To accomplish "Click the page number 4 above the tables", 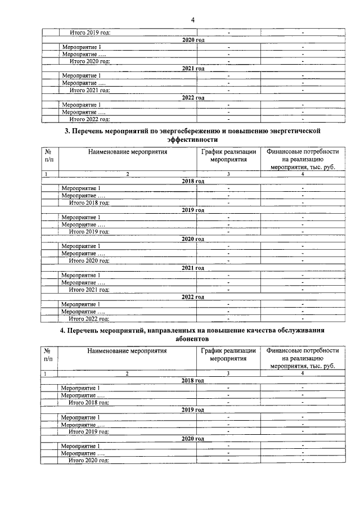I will tap(192, 20).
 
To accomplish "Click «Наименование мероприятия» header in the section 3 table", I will tap(128, 151).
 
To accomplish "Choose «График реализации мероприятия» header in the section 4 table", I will tap(228, 355).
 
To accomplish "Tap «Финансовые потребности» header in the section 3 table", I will tap(303, 151).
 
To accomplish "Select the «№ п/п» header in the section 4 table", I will tap(48, 355).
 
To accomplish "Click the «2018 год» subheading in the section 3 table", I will tap(192, 181).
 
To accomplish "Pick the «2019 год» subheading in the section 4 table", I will tap(192, 409).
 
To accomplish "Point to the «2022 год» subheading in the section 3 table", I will tap(192, 297).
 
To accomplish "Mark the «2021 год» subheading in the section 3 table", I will tap(192, 268).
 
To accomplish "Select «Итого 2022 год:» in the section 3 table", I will tap(89, 318).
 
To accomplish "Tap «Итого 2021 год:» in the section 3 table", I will tap(89, 290).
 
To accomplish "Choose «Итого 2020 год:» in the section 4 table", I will tap(89, 460).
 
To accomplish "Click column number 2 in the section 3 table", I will tap(128, 174).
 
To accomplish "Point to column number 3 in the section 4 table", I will tap(228, 374).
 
